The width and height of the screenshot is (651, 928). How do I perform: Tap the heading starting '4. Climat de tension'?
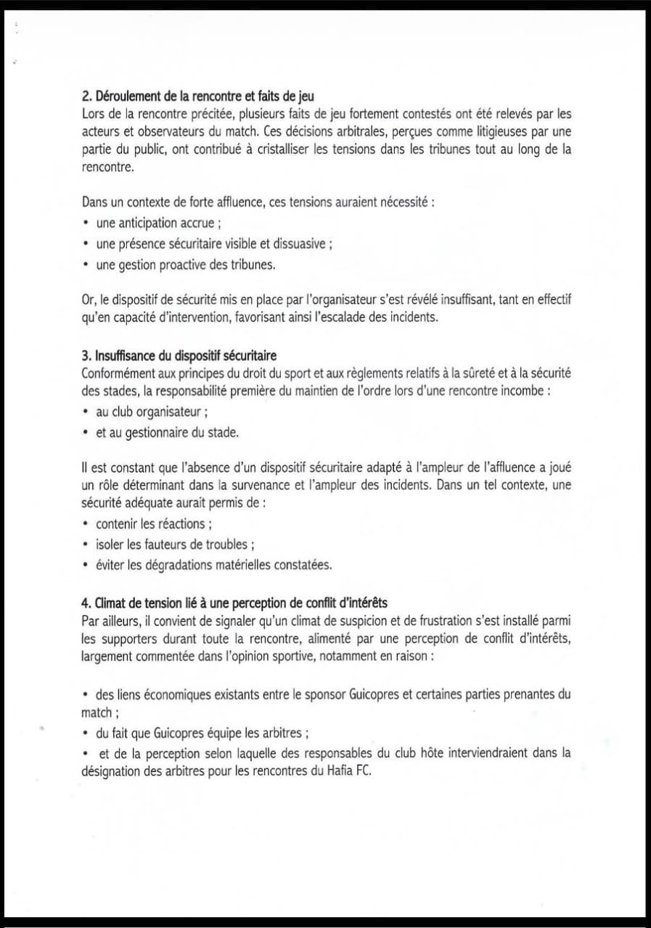coord(235,602)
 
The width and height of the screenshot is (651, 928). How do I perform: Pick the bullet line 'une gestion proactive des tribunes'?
coord(186,265)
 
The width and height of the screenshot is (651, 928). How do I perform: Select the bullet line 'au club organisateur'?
coord(152,412)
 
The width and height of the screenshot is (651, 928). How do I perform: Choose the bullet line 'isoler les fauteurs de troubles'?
coord(174,544)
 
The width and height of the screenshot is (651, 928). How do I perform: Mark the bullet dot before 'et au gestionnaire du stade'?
coord(86,432)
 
